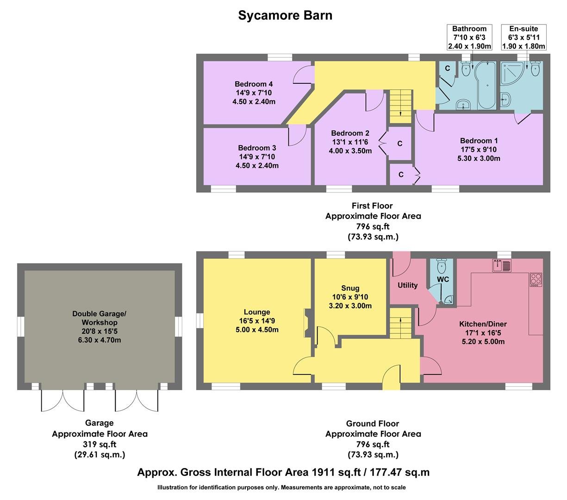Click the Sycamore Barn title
click(285, 15)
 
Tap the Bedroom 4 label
click(254, 84)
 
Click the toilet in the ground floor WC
click(443, 266)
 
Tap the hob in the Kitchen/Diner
click(536, 280)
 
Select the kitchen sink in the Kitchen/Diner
click(501, 266)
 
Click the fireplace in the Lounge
click(307, 323)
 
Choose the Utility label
click(407, 285)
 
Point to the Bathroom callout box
click(469, 37)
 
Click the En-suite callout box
click(523, 37)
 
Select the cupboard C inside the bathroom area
click(447, 69)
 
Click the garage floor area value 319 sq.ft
click(100, 444)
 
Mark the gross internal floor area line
click(283, 473)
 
